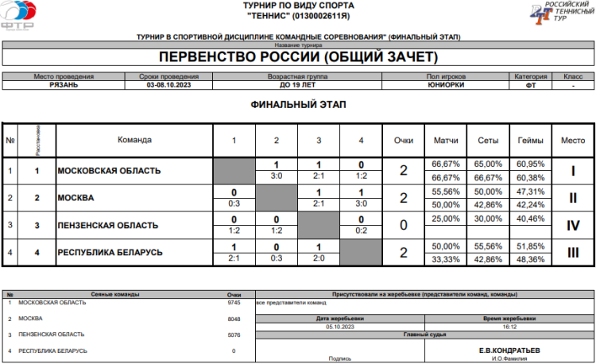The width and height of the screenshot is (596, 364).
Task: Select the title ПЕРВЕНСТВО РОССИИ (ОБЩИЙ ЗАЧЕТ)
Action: point(298,57)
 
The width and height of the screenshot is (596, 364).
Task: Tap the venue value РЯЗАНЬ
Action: point(64,84)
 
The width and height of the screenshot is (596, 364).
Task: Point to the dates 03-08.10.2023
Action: point(168,84)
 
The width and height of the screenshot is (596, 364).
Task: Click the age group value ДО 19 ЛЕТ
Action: point(297,84)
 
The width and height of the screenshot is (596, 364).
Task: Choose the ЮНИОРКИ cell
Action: point(445,84)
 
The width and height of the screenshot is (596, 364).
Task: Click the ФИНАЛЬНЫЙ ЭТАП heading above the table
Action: point(298,104)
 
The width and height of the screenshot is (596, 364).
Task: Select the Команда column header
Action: point(134,140)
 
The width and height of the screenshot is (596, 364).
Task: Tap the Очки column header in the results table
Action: point(403,140)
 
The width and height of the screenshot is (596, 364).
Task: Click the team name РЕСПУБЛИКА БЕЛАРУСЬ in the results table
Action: point(110,252)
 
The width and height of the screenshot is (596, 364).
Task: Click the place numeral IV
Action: point(572,225)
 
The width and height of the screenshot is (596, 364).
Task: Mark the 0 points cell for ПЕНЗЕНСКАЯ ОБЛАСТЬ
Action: point(403,225)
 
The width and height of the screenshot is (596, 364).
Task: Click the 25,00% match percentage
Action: point(446,218)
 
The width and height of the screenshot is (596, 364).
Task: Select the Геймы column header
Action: point(530,140)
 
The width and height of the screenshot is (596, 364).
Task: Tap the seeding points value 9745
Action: point(234,303)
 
